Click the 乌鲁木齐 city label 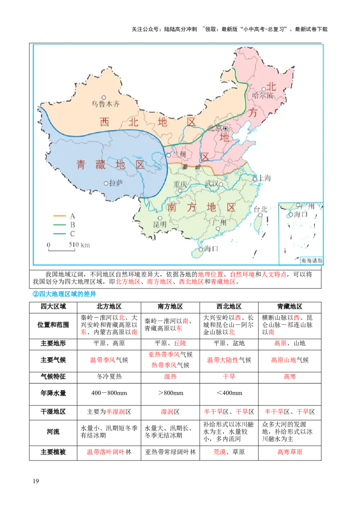(x=106, y=103)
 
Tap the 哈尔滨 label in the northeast (x=263, y=95)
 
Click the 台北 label (x=261, y=209)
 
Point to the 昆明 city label (x=160, y=224)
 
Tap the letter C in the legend (x=72, y=234)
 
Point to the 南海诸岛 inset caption (x=312, y=260)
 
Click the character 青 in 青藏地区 (x=81, y=165)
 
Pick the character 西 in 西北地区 (x=104, y=122)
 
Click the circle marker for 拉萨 (x=106, y=183)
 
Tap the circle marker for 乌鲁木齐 (x=104, y=97)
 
